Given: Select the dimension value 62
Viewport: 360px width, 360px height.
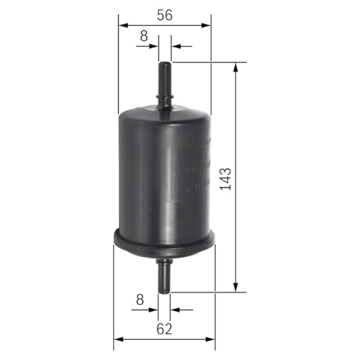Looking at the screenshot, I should click(165, 329).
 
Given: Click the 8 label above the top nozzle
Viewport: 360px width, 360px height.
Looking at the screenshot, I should click(144, 35).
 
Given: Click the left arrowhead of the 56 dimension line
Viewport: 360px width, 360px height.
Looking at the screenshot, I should click(123, 25).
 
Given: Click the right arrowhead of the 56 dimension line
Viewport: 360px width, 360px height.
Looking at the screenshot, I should click(209, 25).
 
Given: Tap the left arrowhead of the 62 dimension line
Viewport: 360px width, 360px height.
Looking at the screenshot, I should click(119, 339).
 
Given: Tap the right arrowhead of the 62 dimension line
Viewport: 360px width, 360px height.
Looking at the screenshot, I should click(212, 339).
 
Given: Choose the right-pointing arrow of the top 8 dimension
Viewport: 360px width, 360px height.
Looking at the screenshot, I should click(154, 46).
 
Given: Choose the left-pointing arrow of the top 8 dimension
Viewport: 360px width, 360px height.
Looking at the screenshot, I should click(176, 46).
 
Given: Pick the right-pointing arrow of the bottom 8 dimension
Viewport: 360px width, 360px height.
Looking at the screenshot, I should click(153, 310).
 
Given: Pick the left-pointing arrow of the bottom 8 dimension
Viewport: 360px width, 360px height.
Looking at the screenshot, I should click(175, 310).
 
